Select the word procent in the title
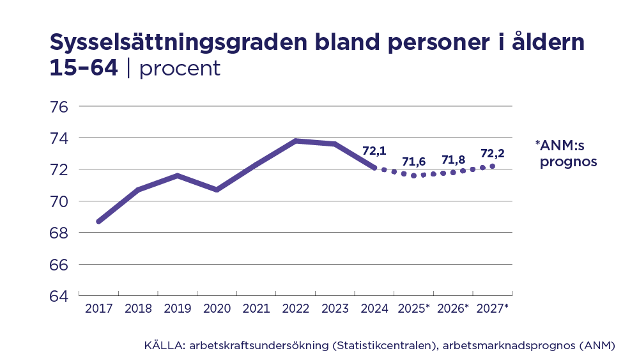[180, 68]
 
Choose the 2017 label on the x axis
[98, 309]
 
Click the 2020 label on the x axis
[217, 309]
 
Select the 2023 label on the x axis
[335, 309]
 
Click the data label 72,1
[374, 152]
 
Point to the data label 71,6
[413, 161]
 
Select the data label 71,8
[453, 159]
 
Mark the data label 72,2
[493, 153]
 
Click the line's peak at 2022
[296, 141]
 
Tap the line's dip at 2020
[217, 190]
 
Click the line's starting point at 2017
[98, 221]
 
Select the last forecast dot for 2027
[492, 166]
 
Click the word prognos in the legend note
[568, 162]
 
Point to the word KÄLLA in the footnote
[163, 346]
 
